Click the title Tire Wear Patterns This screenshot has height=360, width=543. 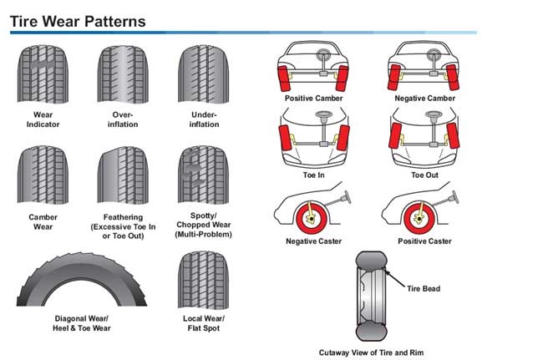(78, 21)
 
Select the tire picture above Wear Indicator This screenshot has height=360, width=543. (43, 74)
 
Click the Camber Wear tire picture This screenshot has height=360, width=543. (43, 175)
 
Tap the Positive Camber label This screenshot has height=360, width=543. (313, 98)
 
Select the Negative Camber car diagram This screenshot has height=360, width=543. (423, 65)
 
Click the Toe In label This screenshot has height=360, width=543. (313, 175)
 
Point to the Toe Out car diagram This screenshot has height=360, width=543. (423, 139)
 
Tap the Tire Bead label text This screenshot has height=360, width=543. (424, 289)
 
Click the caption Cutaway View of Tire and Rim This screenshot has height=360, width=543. (372, 352)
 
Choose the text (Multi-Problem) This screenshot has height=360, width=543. (203, 235)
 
